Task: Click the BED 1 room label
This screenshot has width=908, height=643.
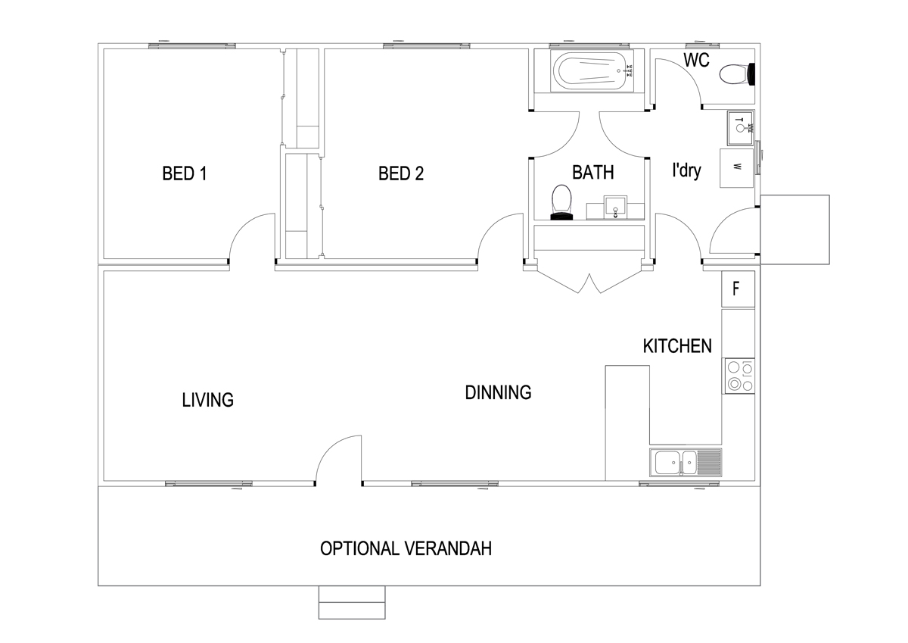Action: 185,173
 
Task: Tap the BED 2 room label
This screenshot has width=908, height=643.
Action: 401,173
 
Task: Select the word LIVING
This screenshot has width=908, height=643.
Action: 207,400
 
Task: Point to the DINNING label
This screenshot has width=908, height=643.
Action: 498,393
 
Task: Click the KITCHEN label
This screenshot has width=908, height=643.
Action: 677,346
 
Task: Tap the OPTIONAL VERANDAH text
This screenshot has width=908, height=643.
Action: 406,548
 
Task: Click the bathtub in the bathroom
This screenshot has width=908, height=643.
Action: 592,71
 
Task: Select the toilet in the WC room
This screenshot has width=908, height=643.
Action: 737,74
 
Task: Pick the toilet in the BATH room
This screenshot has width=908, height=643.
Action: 561,202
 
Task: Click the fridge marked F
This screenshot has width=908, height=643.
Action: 738,289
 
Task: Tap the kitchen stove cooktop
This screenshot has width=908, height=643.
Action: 739,376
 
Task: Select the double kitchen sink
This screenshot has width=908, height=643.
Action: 686,463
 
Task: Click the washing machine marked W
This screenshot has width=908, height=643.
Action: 736,168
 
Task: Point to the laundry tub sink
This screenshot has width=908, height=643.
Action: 741,128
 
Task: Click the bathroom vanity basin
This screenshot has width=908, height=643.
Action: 615,208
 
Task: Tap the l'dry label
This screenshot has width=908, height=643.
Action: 687,170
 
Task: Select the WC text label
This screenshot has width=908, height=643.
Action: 696,60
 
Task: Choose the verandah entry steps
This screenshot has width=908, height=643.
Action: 352,602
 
